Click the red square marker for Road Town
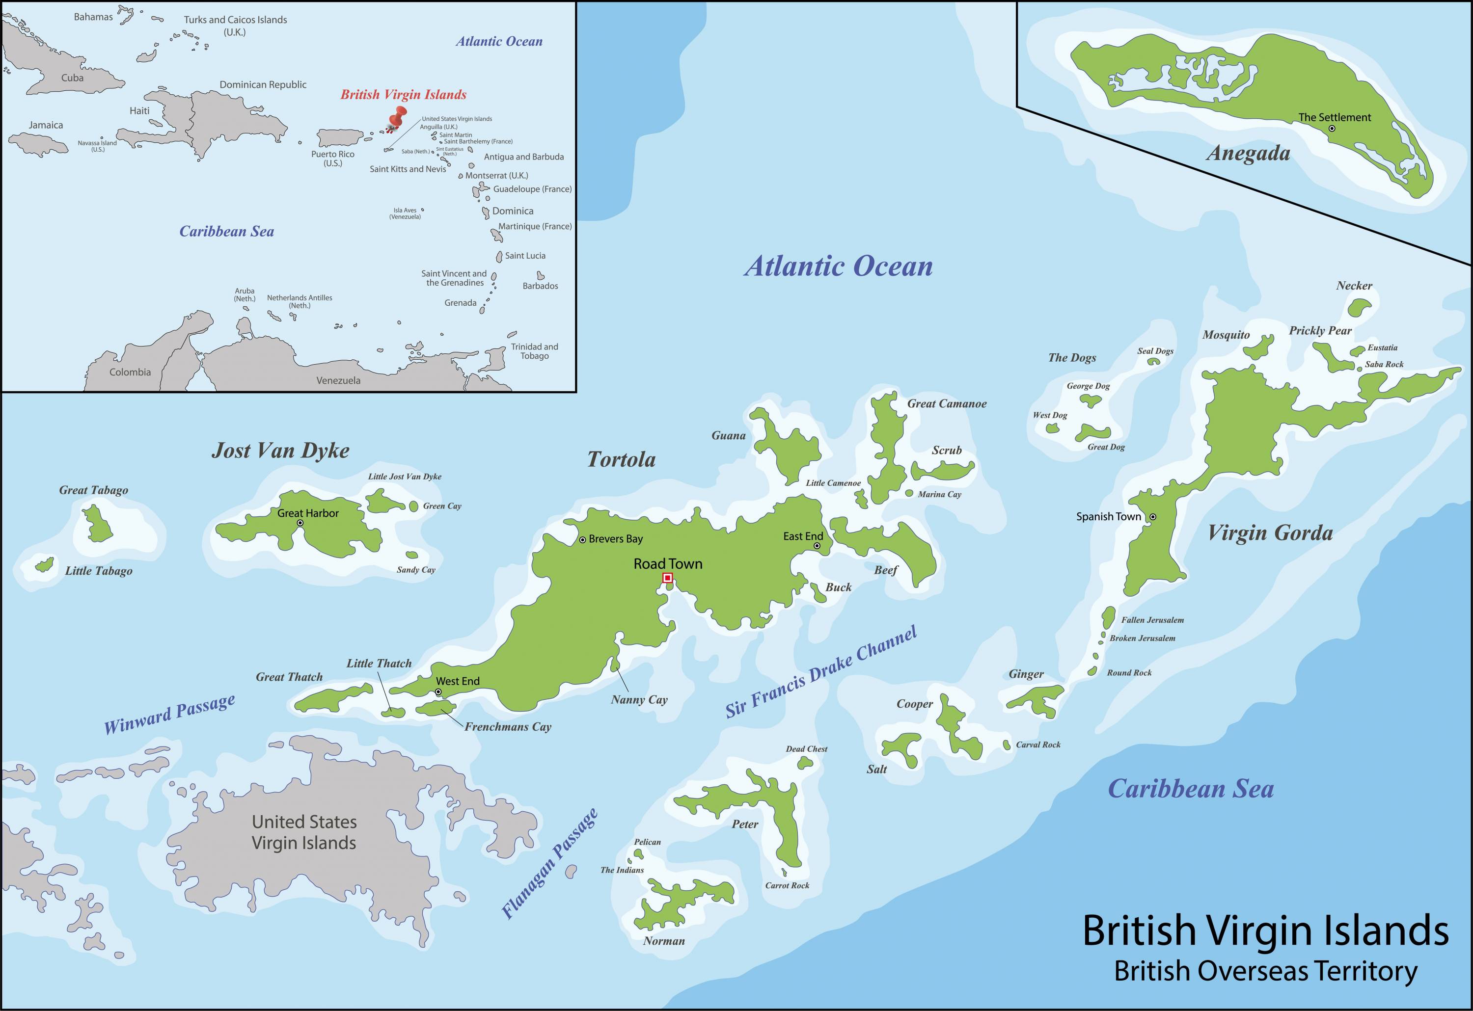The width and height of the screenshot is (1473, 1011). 667,578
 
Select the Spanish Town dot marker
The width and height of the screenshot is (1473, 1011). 1153,517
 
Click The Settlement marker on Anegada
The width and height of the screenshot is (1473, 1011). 1332,128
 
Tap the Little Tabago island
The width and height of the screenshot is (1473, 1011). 44,564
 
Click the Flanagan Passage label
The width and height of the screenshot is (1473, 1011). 549,865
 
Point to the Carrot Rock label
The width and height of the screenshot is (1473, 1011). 787,885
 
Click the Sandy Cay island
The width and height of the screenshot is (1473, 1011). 412,555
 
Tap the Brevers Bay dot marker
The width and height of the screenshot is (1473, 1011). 582,540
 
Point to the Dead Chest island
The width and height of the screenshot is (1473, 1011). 805,763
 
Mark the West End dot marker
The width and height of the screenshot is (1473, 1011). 438,692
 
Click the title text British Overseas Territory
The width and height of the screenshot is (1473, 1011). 1265,972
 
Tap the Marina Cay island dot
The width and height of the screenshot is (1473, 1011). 909,493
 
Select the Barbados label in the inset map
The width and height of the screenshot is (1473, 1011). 540,286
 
